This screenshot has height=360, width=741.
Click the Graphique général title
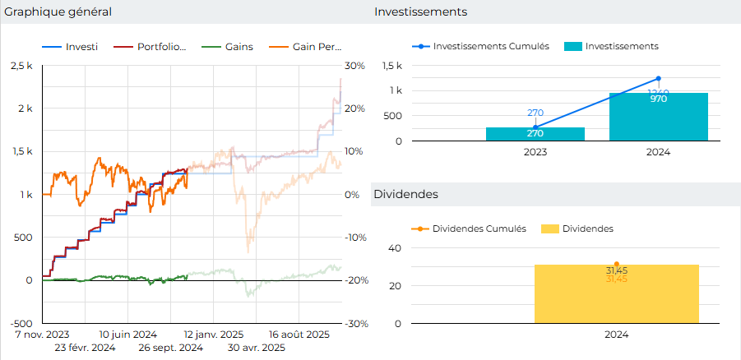click(x=58, y=12)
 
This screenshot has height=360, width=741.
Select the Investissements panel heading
click(x=420, y=12)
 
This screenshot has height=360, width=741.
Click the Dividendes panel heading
click(x=405, y=194)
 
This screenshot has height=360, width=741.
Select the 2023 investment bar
click(x=535, y=134)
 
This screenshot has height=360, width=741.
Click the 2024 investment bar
click(x=658, y=117)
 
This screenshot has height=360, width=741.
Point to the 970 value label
click(x=658, y=99)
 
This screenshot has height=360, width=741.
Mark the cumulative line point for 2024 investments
click(x=658, y=79)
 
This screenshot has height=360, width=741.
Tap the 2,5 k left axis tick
click(x=22, y=65)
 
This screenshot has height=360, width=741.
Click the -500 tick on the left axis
click(x=22, y=323)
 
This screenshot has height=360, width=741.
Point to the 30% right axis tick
click(x=354, y=65)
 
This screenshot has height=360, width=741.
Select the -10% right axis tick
click(x=354, y=238)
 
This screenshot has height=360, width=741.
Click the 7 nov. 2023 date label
click(x=42, y=335)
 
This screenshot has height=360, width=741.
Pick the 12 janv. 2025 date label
click(x=212, y=335)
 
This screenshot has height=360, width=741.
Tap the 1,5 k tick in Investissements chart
click(x=392, y=66)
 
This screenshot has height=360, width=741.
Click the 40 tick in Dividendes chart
click(x=394, y=247)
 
